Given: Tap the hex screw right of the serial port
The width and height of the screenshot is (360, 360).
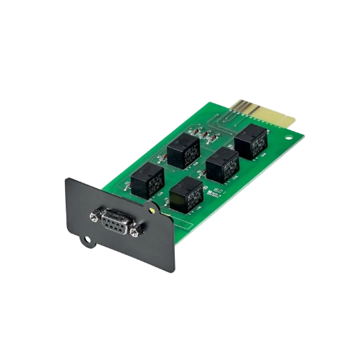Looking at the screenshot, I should pos(139,229).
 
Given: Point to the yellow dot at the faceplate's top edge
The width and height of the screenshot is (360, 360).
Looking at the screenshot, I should pos(151,208).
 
